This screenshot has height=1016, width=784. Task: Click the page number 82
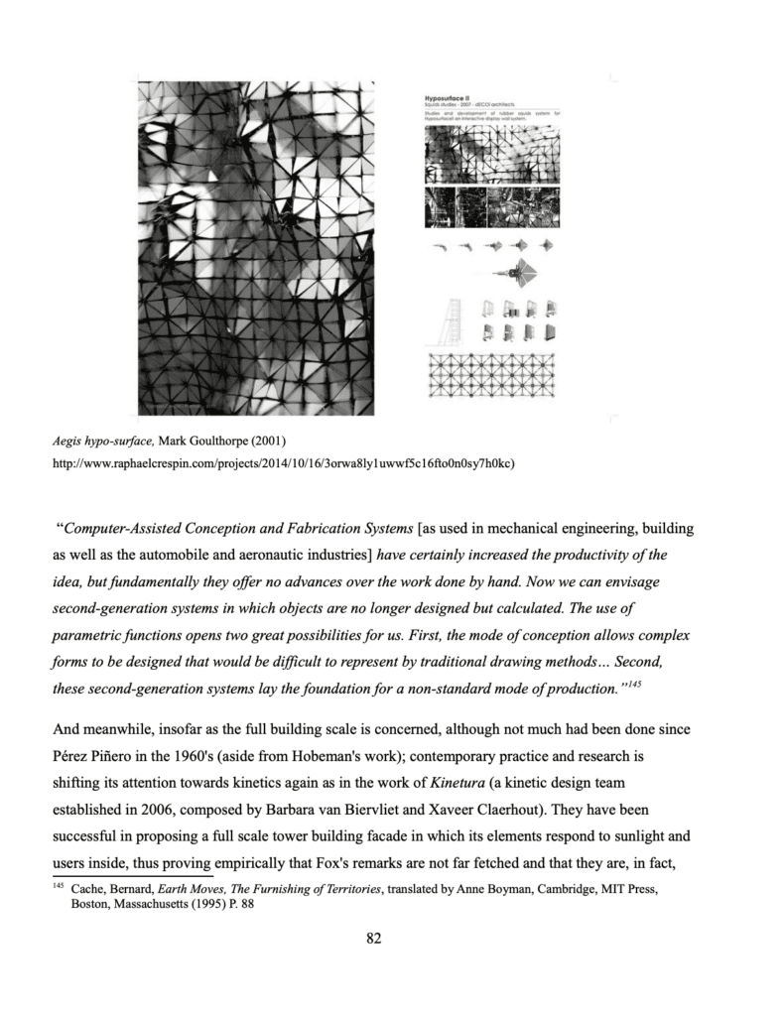tap(374, 940)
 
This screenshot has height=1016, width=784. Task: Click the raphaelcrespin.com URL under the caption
tap(278, 462)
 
